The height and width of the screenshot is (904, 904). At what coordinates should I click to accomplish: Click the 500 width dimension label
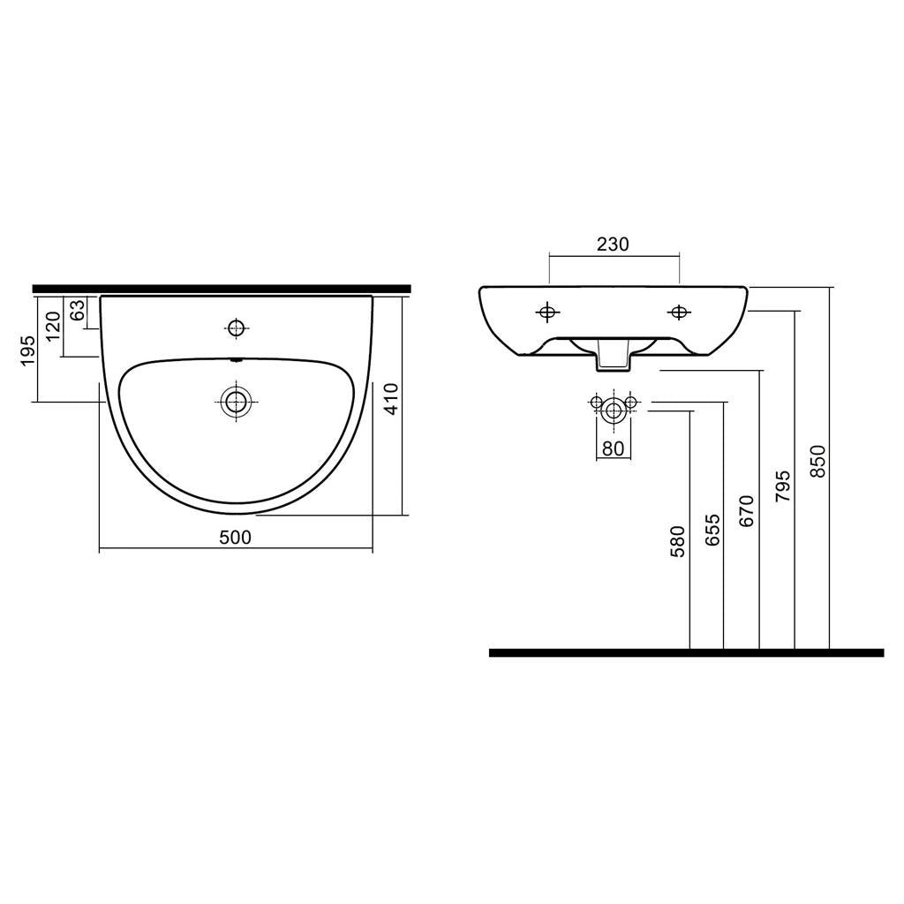click(x=235, y=538)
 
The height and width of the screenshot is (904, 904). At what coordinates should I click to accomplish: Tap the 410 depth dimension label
click(x=391, y=399)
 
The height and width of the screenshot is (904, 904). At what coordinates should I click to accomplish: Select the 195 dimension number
click(x=27, y=350)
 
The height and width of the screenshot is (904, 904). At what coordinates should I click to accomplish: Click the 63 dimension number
click(x=78, y=310)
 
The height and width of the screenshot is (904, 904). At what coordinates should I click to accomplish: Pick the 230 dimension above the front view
click(x=613, y=245)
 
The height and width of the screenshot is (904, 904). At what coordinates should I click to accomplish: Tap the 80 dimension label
click(x=613, y=448)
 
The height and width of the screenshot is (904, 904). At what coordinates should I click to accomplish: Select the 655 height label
click(x=712, y=530)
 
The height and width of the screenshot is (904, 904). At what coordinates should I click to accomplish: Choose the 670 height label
click(x=747, y=511)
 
